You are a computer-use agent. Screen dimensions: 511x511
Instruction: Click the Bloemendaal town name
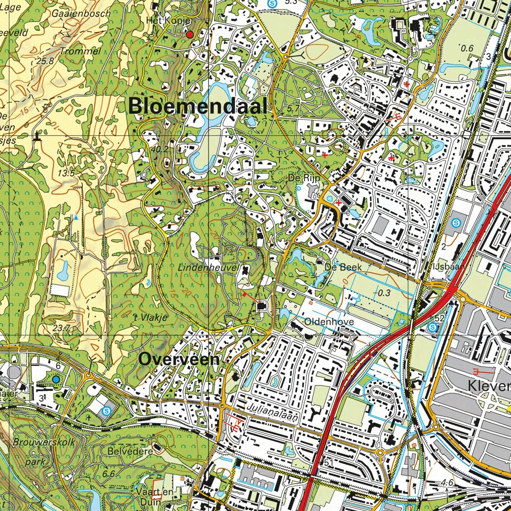198,106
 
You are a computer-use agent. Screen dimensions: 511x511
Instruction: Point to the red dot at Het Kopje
190,34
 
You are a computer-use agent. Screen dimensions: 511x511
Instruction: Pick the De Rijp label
304,177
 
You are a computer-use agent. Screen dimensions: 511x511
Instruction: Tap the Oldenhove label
329,322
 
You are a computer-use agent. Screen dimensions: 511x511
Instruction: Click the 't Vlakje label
150,317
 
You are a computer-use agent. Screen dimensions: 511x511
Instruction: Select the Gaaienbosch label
81,14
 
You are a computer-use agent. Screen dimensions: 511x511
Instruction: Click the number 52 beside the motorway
439,318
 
